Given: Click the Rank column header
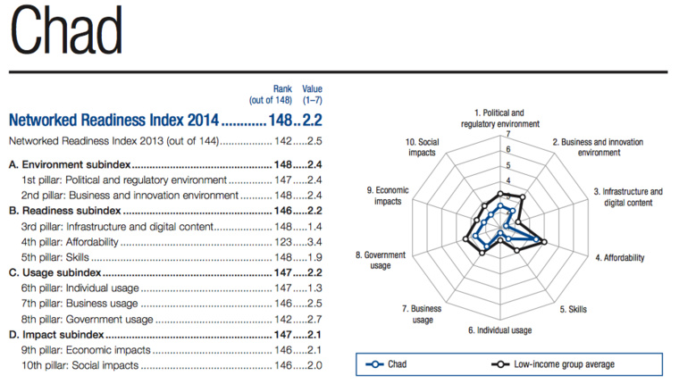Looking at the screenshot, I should (x=284, y=89).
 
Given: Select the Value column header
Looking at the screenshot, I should (x=312, y=89).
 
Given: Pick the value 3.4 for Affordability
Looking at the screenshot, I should (x=314, y=241).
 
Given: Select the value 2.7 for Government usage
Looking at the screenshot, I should (x=314, y=319).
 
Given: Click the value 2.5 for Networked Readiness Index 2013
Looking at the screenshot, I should (x=314, y=141).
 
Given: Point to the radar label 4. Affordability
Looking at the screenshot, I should (x=619, y=257).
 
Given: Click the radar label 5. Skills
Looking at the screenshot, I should (x=573, y=309).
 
